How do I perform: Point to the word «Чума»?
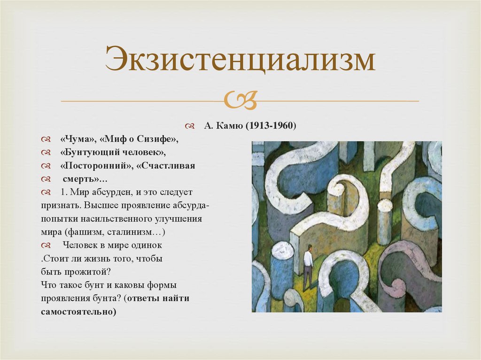click(x=77, y=140)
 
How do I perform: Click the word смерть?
click(x=79, y=179)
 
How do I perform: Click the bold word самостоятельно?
click(x=78, y=312)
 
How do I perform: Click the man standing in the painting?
click(x=308, y=266)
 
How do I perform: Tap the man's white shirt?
click(x=308, y=258)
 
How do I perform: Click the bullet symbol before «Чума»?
click(x=46, y=140)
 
